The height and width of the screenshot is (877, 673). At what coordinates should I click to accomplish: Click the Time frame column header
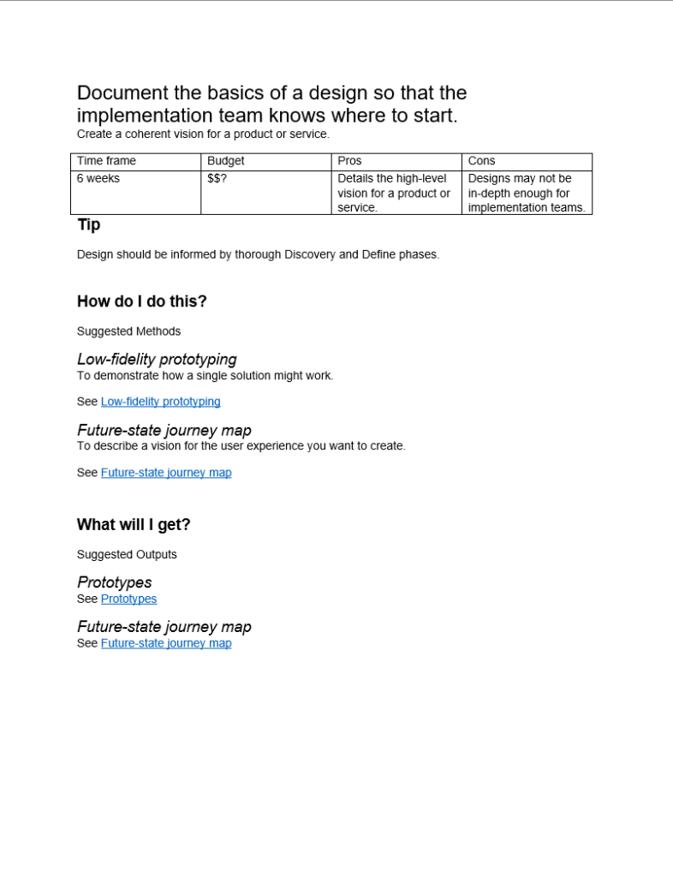click(x=106, y=161)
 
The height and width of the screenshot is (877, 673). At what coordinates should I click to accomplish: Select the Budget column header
click(x=225, y=161)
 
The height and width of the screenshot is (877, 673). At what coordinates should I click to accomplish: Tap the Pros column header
click(x=349, y=161)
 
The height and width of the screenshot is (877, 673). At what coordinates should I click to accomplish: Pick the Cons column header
click(x=481, y=161)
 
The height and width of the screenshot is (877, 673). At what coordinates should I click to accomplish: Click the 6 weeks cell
click(x=98, y=178)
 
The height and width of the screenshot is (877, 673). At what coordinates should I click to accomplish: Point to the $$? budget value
click(x=217, y=178)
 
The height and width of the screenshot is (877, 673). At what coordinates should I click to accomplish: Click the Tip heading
click(x=88, y=224)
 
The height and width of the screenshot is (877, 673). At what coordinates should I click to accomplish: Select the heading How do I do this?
click(x=142, y=301)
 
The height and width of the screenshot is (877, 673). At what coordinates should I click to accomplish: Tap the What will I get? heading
click(x=134, y=525)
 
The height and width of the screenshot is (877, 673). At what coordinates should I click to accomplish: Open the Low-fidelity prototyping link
click(x=160, y=402)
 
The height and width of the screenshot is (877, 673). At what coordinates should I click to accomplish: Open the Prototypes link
click(x=128, y=600)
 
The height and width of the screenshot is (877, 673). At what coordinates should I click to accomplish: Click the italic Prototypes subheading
click(x=115, y=582)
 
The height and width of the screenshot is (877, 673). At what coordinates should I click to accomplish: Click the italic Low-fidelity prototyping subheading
click(x=157, y=360)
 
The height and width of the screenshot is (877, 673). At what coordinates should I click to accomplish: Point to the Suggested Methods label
click(x=128, y=331)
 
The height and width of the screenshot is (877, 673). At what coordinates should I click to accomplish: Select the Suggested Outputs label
click(x=127, y=555)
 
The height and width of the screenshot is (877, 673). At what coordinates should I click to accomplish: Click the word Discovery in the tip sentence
click(x=310, y=254)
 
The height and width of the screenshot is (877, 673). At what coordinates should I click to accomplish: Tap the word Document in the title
click(x=122, y=92)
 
